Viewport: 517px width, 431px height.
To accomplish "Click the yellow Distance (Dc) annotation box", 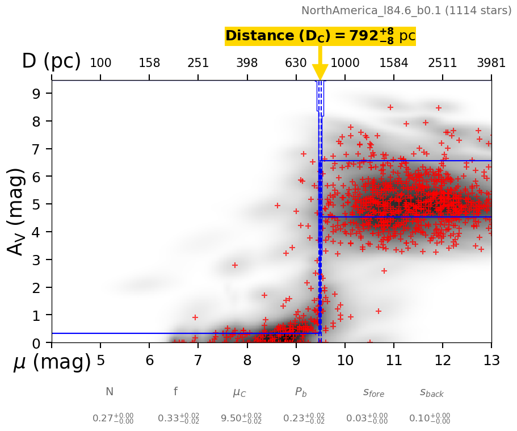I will tap(320, 36).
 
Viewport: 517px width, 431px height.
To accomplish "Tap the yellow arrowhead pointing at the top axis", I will tap(320, 73).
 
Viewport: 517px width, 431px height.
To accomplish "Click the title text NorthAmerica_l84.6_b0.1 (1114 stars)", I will tap(406, 10).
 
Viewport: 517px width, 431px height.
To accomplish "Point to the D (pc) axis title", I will tap(51, 61).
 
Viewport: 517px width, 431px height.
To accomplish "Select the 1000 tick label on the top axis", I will tap(344, 63).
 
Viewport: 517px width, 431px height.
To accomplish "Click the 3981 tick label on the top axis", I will tap(491, 63).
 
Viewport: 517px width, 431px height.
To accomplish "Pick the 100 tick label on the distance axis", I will tap(100, 63).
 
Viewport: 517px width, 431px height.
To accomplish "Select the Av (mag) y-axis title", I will tap(17, 211).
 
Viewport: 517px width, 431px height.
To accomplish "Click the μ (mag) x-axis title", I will tap(52, 362).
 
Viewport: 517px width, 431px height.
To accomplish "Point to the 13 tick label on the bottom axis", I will tap(491, 360).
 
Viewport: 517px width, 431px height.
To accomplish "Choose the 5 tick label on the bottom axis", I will tap(100, 360).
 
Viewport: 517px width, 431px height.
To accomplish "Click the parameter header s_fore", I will tap(373, 392).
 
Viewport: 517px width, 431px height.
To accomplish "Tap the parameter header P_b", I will tap(301, 392).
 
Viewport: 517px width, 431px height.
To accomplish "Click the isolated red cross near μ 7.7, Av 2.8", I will tap(235, 265).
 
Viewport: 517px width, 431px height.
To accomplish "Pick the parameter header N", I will tap(110, 392).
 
